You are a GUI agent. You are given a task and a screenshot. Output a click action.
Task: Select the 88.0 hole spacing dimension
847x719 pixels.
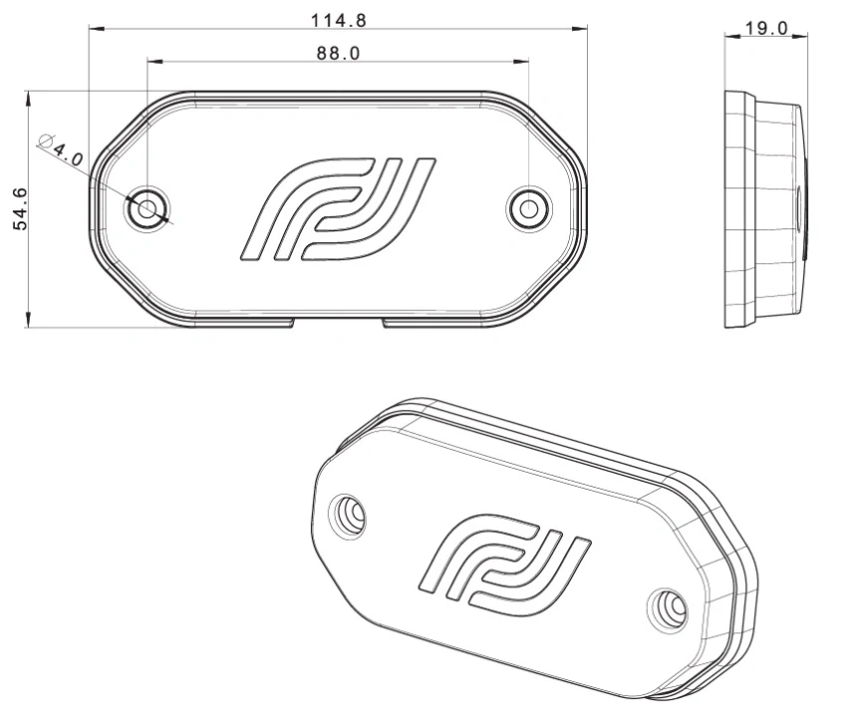(x=339, y=53)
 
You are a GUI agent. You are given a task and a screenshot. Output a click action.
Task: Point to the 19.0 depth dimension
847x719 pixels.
(x=767, y=28)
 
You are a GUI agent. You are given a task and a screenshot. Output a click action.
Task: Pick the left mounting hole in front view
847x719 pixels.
(x=147, y=208)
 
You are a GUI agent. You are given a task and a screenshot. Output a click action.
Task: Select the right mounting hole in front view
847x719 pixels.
(x=528, y=208)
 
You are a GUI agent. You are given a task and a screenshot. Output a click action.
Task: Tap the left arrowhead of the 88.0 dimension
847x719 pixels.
(x=151, y=61)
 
